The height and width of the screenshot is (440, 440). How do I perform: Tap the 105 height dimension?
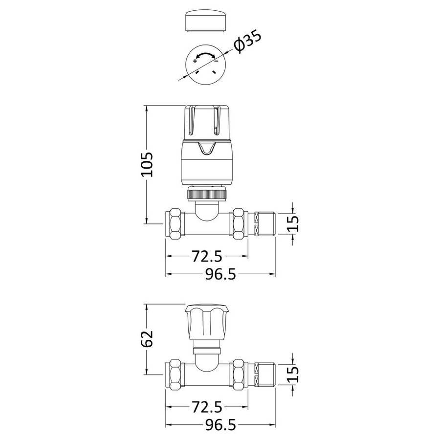point(147,164)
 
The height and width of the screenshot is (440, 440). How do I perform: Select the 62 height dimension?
point(147,338)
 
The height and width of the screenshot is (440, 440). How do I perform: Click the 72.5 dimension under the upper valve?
point(207,256)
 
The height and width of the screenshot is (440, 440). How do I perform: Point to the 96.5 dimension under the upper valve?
point(220,274)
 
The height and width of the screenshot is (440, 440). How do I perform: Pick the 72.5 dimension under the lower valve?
point(207,407)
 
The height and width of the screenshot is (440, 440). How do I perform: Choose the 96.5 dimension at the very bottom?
point(220,425)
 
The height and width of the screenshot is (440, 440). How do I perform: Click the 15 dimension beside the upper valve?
point(293,223)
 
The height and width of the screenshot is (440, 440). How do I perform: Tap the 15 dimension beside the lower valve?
point(293,374)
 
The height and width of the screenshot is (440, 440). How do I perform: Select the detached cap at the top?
point(206,22)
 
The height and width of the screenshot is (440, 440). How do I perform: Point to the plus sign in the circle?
point(195,61)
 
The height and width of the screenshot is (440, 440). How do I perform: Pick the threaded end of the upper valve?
point(264,223)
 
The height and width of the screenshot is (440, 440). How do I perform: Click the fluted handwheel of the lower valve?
point(206,322)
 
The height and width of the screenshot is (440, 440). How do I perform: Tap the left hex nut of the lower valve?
point(175,374)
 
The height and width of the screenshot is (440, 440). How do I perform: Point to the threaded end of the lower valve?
point(264,374)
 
